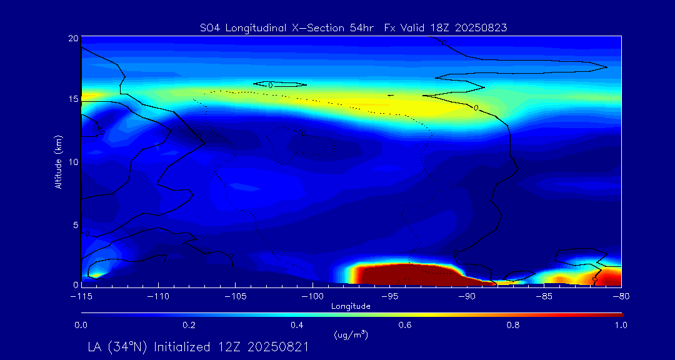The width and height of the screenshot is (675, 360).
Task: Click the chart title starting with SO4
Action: point(352,27)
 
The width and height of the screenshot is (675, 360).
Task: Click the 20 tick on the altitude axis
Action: point(73,38)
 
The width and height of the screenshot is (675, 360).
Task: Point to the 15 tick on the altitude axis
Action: point(73,99)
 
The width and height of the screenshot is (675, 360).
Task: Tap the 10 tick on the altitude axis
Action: point(73,162)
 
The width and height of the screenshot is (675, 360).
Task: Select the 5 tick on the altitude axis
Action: point(75,224)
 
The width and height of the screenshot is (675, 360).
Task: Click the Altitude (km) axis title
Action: point(58,162)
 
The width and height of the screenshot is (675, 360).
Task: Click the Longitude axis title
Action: point(351,306)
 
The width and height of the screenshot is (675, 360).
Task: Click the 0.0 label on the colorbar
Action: point(81,325)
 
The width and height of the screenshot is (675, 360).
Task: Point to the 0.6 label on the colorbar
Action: point(405,325)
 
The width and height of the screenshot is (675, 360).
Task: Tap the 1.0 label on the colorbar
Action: point(621,325)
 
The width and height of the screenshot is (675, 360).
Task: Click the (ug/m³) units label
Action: point(351,334)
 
